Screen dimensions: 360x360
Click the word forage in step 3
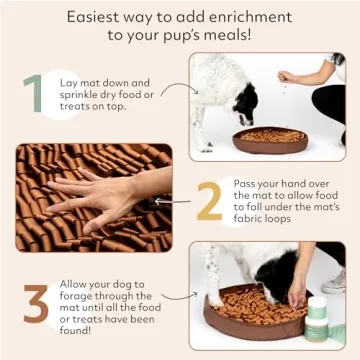click(x=79, y=296)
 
